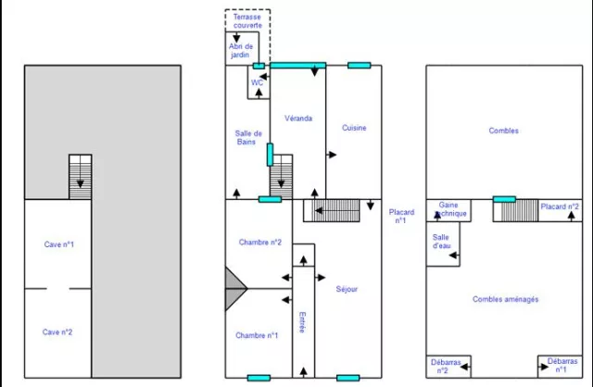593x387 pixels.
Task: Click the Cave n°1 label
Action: [59, 244]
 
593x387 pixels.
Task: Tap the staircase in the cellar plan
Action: [81, 177]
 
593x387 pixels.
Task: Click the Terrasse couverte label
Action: [247, 21]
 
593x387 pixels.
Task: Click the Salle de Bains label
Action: [246, 138]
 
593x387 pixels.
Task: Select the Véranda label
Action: [297, 119]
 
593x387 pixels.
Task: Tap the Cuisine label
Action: [353, 128]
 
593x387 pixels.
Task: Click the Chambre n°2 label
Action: [259, 243]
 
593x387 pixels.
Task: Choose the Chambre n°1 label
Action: [257, 335]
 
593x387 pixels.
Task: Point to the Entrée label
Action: [302, 324]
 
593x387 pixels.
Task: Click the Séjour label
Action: [347, 289]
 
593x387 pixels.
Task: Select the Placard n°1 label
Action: [401, 217]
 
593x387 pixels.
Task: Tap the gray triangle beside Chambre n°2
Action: [235, 289]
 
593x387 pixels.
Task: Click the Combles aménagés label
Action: [505, 299]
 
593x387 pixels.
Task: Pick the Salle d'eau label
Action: [442, 241]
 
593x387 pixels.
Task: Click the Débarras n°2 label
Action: [448, 366]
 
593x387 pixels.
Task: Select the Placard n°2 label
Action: [561, 206]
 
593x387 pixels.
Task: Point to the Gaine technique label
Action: [450, 209]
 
